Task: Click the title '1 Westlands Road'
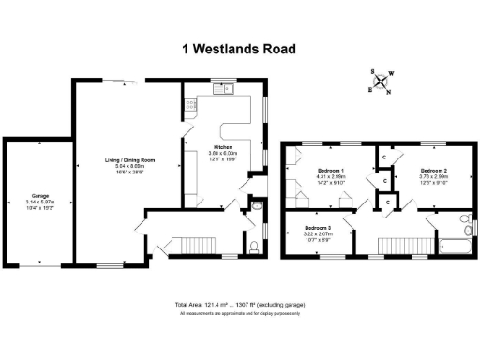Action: tap(238, 49)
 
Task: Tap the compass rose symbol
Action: tap(382, 82)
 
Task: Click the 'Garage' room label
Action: tap(39, 196)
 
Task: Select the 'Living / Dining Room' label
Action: tap(128, 160)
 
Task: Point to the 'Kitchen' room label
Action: tap(223, 148)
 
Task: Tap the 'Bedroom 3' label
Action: tap(317, 228)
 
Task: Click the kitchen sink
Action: tap(223, 90)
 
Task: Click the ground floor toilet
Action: tap(254, 247)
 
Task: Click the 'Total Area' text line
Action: tap(239, 305)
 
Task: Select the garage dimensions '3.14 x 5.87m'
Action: tap(39, 202)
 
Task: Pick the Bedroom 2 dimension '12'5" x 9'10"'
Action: tap(432, 182)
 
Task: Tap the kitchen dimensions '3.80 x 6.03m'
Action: tap(223, 154)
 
